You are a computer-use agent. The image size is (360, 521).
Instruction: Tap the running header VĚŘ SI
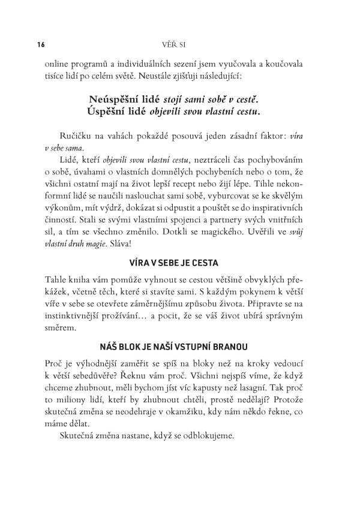point(178,44)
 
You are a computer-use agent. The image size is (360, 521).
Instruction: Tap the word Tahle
point(57,279)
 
